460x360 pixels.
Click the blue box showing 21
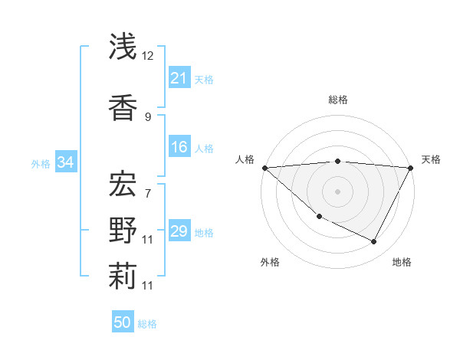179,78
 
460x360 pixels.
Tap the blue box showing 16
179,148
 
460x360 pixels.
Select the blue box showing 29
179,232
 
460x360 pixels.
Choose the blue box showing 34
65,162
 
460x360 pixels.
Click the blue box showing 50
123,322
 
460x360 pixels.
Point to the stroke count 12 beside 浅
149,55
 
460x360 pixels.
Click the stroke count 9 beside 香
148,116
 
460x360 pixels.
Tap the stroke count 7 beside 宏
148,193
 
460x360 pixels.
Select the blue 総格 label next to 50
147,324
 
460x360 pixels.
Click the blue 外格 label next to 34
41,163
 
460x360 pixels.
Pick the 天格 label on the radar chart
431,159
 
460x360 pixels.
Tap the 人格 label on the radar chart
245,159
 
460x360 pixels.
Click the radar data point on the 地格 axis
374,242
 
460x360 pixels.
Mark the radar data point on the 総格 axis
337,161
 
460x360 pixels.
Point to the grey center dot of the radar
337,191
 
